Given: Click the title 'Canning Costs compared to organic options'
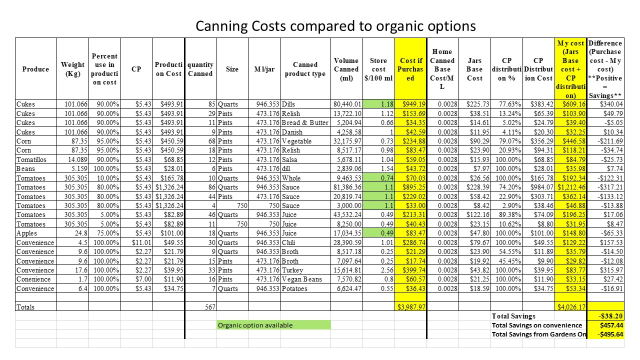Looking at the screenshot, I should [x=335, y=25].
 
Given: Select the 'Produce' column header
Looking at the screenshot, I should [x=35, y=69].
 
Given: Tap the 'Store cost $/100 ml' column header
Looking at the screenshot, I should [x=378, y=69].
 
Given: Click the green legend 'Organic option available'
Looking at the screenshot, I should [x=255, y=325].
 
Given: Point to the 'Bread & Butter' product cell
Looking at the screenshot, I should [x=304, y=122].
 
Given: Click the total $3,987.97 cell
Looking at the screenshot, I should [x=411, y=307].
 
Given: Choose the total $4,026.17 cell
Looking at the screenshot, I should [x=570, y=307].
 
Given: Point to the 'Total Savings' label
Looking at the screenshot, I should [x=513, y=316].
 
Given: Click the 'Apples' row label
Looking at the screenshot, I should [x=26, y=233].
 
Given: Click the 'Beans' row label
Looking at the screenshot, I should [x=26, y=168].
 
